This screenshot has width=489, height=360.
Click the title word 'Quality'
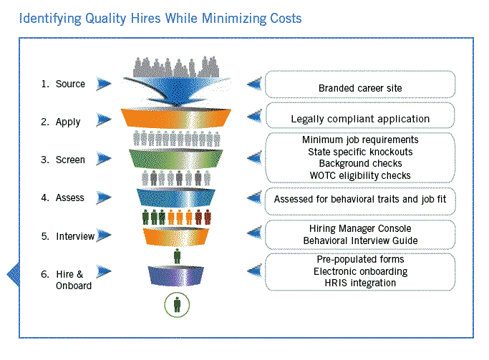pyautogui.click(x=105, y=19)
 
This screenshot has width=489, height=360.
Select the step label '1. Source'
pyautogui.click(x=63, y=84)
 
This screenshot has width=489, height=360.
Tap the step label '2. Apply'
pyautogui.click(x=61, y=122)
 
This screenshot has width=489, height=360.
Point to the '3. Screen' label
pyautogui.click(x=63, y=160)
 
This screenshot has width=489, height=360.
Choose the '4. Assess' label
pyautogui.click(x=62, y=198)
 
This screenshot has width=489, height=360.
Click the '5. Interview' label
pyautogui.click(x=68, y=236)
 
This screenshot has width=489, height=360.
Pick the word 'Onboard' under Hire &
pyautogui.click(x=74, y=286)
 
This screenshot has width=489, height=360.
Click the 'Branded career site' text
pyautogui.click(x=360, y=88)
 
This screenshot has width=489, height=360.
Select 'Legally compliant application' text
pyautogui.click(x=360, y=119)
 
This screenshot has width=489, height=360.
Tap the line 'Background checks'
pyautogui.click(x=360, y=163)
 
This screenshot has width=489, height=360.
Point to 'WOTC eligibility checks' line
pyautogui.click(x=360, y=175)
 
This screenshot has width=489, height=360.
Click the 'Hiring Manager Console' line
pyautogui.click(x=360, y=228)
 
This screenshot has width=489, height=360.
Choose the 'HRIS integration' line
pyautogui.click(x=360, y=283)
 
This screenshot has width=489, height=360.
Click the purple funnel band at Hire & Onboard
pyautogui.click(x=176, y=276)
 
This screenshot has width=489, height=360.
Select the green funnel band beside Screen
pyautogui.click(x=176, y=159)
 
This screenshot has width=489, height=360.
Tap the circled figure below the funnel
pyautogui.click(x=177, y=304)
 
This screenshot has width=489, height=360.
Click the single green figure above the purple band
pyautogui.click(x=177, y=256)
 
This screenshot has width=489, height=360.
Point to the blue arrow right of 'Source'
pyautogui.click(x=104, y=84)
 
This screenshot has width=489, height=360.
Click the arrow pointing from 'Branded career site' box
pyautogui.click(x=254, y=84)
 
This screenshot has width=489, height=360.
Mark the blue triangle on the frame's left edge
pyautogui.click(x=14, y=274)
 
